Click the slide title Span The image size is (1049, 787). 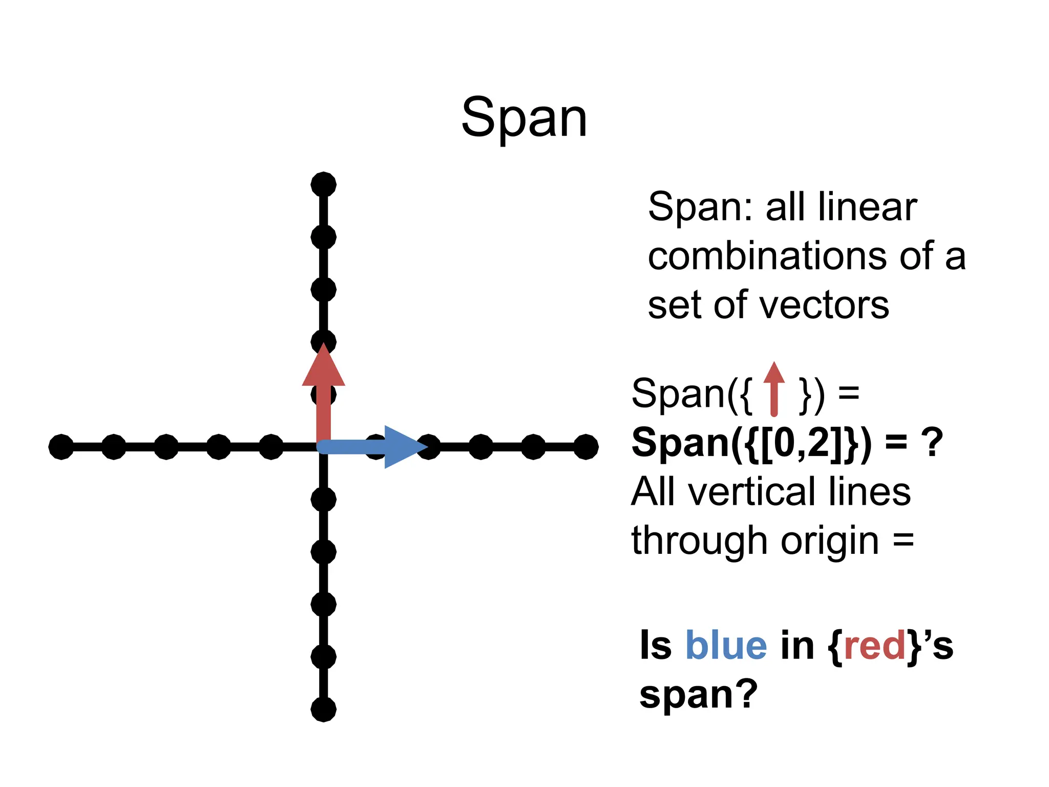click(524, 119)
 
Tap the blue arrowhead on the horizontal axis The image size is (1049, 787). click(404, 447)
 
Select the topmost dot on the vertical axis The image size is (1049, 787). click(323, 184)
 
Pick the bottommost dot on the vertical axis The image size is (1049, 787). click(323, 709)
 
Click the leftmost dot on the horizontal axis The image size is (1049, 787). click(61, 447)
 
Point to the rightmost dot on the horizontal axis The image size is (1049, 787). click(586, 447)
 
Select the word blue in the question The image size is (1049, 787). click(726, 646)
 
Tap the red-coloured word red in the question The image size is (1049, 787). click(875, 646)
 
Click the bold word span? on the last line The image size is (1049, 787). click(698, 695)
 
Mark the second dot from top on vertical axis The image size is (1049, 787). click(323, 237)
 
